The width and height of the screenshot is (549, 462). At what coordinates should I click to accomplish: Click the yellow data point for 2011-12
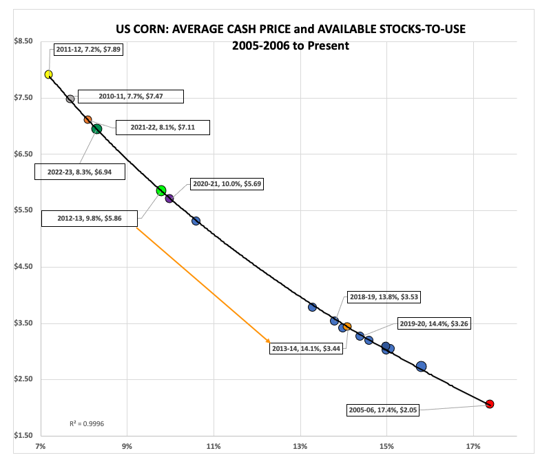[x=49, y=74]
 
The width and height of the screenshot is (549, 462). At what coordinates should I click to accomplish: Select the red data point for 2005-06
[x=490, y=404]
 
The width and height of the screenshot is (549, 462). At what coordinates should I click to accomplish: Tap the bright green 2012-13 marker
[x=161, y=191]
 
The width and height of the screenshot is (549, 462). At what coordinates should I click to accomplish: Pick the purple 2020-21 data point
[x=169, y=199]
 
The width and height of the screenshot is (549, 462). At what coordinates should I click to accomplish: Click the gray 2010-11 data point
[x=70, y=99]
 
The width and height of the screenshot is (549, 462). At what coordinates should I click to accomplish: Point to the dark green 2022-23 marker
[x=97, y=129]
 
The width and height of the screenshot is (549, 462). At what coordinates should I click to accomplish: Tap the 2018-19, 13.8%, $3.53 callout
[x=384, y=297]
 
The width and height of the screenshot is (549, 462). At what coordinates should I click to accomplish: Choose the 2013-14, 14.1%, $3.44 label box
[x=307, y=349]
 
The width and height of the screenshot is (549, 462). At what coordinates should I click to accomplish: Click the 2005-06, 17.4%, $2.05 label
[x=382, y=410]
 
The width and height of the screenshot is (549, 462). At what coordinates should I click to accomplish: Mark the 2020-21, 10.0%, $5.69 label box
[x=223, y=184]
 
